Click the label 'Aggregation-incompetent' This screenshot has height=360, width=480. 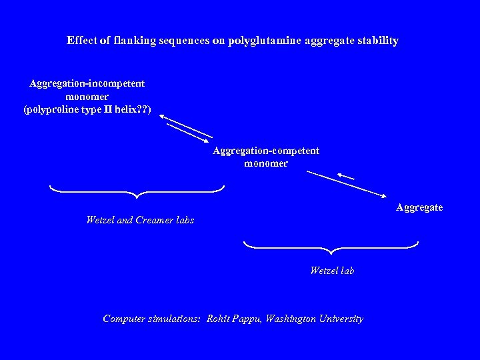[87, 83]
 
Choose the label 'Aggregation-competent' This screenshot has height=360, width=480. [266, 151]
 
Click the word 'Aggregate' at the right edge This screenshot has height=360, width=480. [419, 207]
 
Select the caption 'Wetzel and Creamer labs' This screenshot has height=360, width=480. [140, 220]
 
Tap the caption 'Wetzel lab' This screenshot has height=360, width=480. [332, 271]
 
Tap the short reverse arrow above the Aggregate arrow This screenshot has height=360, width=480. [345, 177]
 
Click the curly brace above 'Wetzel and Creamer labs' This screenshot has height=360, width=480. [137, 192]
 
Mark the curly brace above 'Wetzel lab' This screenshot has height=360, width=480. [331, 247]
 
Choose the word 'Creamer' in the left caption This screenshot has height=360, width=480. [154, 220]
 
